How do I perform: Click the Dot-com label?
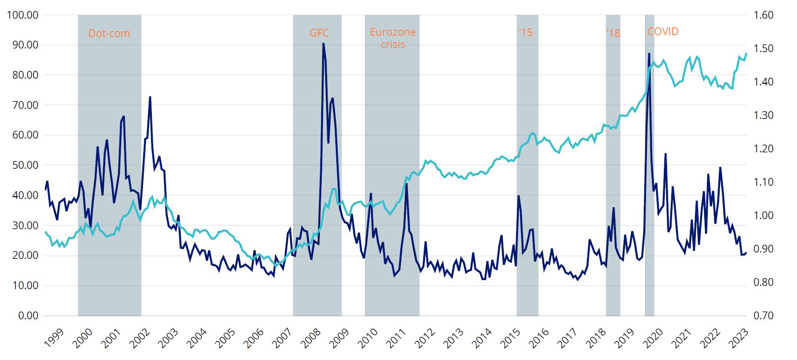[109, 33]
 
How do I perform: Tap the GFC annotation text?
[319, 33]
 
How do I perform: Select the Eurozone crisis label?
[393, 38]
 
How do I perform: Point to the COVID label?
[662, 32]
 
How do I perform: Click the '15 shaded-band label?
[526, 32]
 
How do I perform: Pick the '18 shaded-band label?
[613, 33]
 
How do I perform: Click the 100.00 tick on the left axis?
[23, 15]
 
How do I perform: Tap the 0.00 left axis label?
[28, 316]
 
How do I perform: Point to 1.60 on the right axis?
[763, 15]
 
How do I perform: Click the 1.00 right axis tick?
[763, 215]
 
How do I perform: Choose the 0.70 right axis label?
[763, 316]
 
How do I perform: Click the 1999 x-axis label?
[54, 338]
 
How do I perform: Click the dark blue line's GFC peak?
[323, 43]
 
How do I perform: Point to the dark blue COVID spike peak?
[649, 54]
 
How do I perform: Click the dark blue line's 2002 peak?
[150, 97]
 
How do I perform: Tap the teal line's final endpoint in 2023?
[746, 54]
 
